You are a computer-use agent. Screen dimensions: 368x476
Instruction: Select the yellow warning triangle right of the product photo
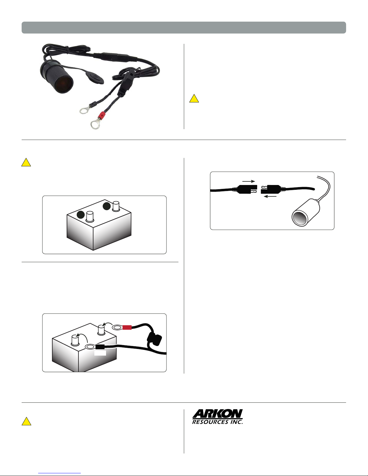click(194, 99)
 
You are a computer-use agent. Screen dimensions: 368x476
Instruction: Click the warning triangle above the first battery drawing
click(26, 162)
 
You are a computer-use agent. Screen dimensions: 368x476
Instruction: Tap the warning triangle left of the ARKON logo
click(26, 421)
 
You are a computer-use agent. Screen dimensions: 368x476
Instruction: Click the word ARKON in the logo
click(217, 414)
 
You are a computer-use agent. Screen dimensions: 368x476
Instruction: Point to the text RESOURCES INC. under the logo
click(217, 422)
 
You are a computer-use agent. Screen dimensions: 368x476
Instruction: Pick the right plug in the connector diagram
click(271, 189)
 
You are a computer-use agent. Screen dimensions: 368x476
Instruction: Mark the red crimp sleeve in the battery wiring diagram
click(127, 327)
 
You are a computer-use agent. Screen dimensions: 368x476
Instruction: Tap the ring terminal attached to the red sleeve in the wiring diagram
click(117, 327)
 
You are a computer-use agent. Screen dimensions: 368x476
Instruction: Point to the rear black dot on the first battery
click(107, 206)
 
